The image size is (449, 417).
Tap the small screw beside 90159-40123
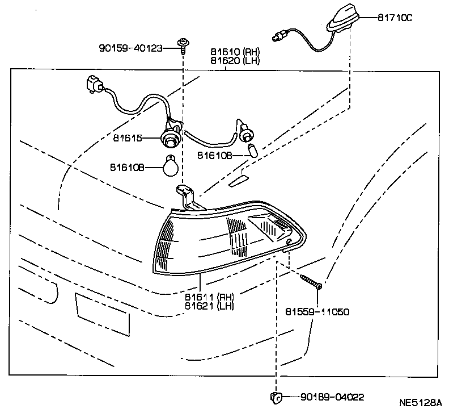(183, 44)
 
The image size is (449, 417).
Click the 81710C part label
(395, 18)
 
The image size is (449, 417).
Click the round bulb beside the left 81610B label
(171, 166)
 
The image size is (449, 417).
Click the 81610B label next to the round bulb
(128, 167)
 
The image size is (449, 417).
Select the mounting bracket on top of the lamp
(185, 197)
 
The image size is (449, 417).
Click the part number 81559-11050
(317, 312)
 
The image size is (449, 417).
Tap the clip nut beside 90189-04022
(276, 397)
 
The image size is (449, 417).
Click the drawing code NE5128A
(420, 404)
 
